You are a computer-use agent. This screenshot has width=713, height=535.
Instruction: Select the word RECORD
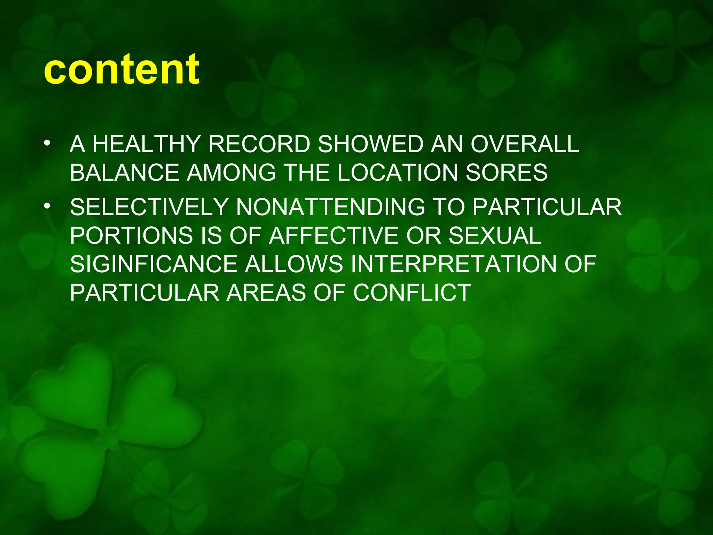259,144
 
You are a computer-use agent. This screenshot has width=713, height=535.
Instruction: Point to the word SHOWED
370,144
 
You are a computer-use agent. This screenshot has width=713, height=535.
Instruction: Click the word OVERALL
525,144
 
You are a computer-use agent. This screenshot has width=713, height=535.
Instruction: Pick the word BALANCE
124,173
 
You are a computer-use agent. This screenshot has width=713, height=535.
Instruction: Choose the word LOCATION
397,173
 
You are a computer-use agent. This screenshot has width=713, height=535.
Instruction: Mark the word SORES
507,173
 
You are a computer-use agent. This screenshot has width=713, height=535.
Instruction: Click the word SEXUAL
495,236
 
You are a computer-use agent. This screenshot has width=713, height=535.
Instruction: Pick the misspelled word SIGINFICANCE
154,264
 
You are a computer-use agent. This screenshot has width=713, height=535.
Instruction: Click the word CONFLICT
412,293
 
